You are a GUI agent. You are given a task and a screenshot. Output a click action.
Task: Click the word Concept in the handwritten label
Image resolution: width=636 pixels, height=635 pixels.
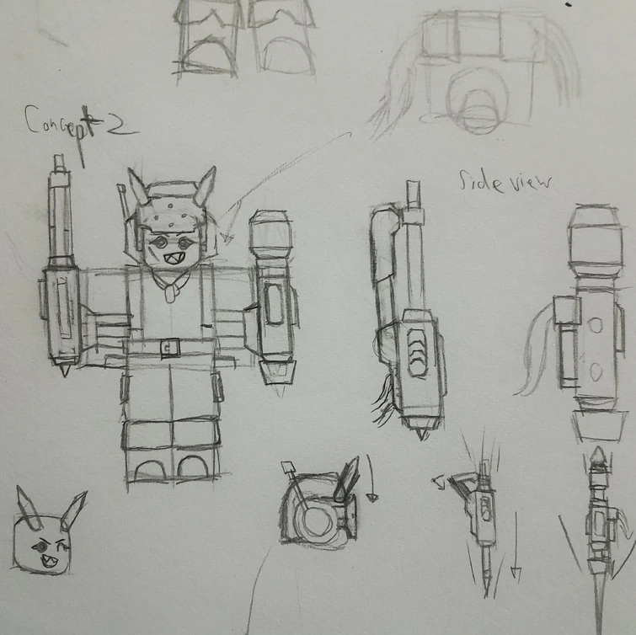click(59, 121)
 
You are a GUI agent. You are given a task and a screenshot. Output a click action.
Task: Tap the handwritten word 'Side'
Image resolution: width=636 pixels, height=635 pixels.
click(481, 182)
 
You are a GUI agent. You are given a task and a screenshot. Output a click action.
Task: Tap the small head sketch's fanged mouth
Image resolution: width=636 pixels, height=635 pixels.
click(49, 561)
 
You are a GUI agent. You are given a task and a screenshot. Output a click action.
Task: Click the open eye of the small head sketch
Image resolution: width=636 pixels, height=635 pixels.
click(40, 547)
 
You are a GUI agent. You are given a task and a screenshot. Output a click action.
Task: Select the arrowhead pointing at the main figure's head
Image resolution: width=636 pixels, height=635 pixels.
click(227, 238)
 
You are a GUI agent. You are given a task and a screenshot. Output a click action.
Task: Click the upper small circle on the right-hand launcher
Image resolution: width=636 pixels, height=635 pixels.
click(596, 326)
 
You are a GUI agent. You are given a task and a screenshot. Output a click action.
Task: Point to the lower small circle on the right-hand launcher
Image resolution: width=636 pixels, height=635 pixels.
click(595, 372)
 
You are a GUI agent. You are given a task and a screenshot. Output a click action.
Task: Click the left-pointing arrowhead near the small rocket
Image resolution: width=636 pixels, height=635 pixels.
click(439, 483)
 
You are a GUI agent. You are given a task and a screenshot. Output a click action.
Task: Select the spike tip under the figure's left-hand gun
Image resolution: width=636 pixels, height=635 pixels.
click(65, 371)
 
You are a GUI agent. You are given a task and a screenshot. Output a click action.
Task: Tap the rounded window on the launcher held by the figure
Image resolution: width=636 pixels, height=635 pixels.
click(274, 304)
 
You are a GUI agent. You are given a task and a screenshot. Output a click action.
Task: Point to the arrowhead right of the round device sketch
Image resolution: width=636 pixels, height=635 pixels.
click(372, 498)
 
